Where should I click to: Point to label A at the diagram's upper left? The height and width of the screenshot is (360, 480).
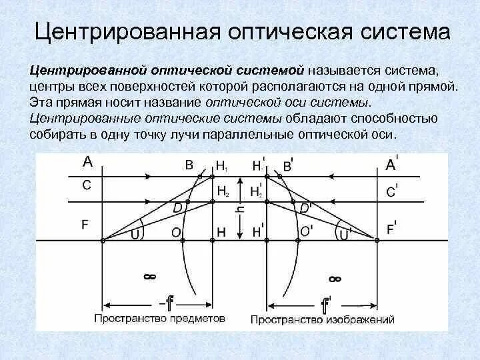pos(87,161)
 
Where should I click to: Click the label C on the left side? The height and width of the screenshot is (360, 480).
pos(87,186)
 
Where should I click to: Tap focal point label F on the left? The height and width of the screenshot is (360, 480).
pos(85,225)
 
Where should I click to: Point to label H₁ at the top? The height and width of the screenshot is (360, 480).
pos(222,165)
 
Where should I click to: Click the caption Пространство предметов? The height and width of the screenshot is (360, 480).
pos(160,319)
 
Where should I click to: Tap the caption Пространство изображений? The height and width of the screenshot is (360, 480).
pos(323,319)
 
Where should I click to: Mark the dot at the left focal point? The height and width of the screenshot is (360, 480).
pos(102,240)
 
